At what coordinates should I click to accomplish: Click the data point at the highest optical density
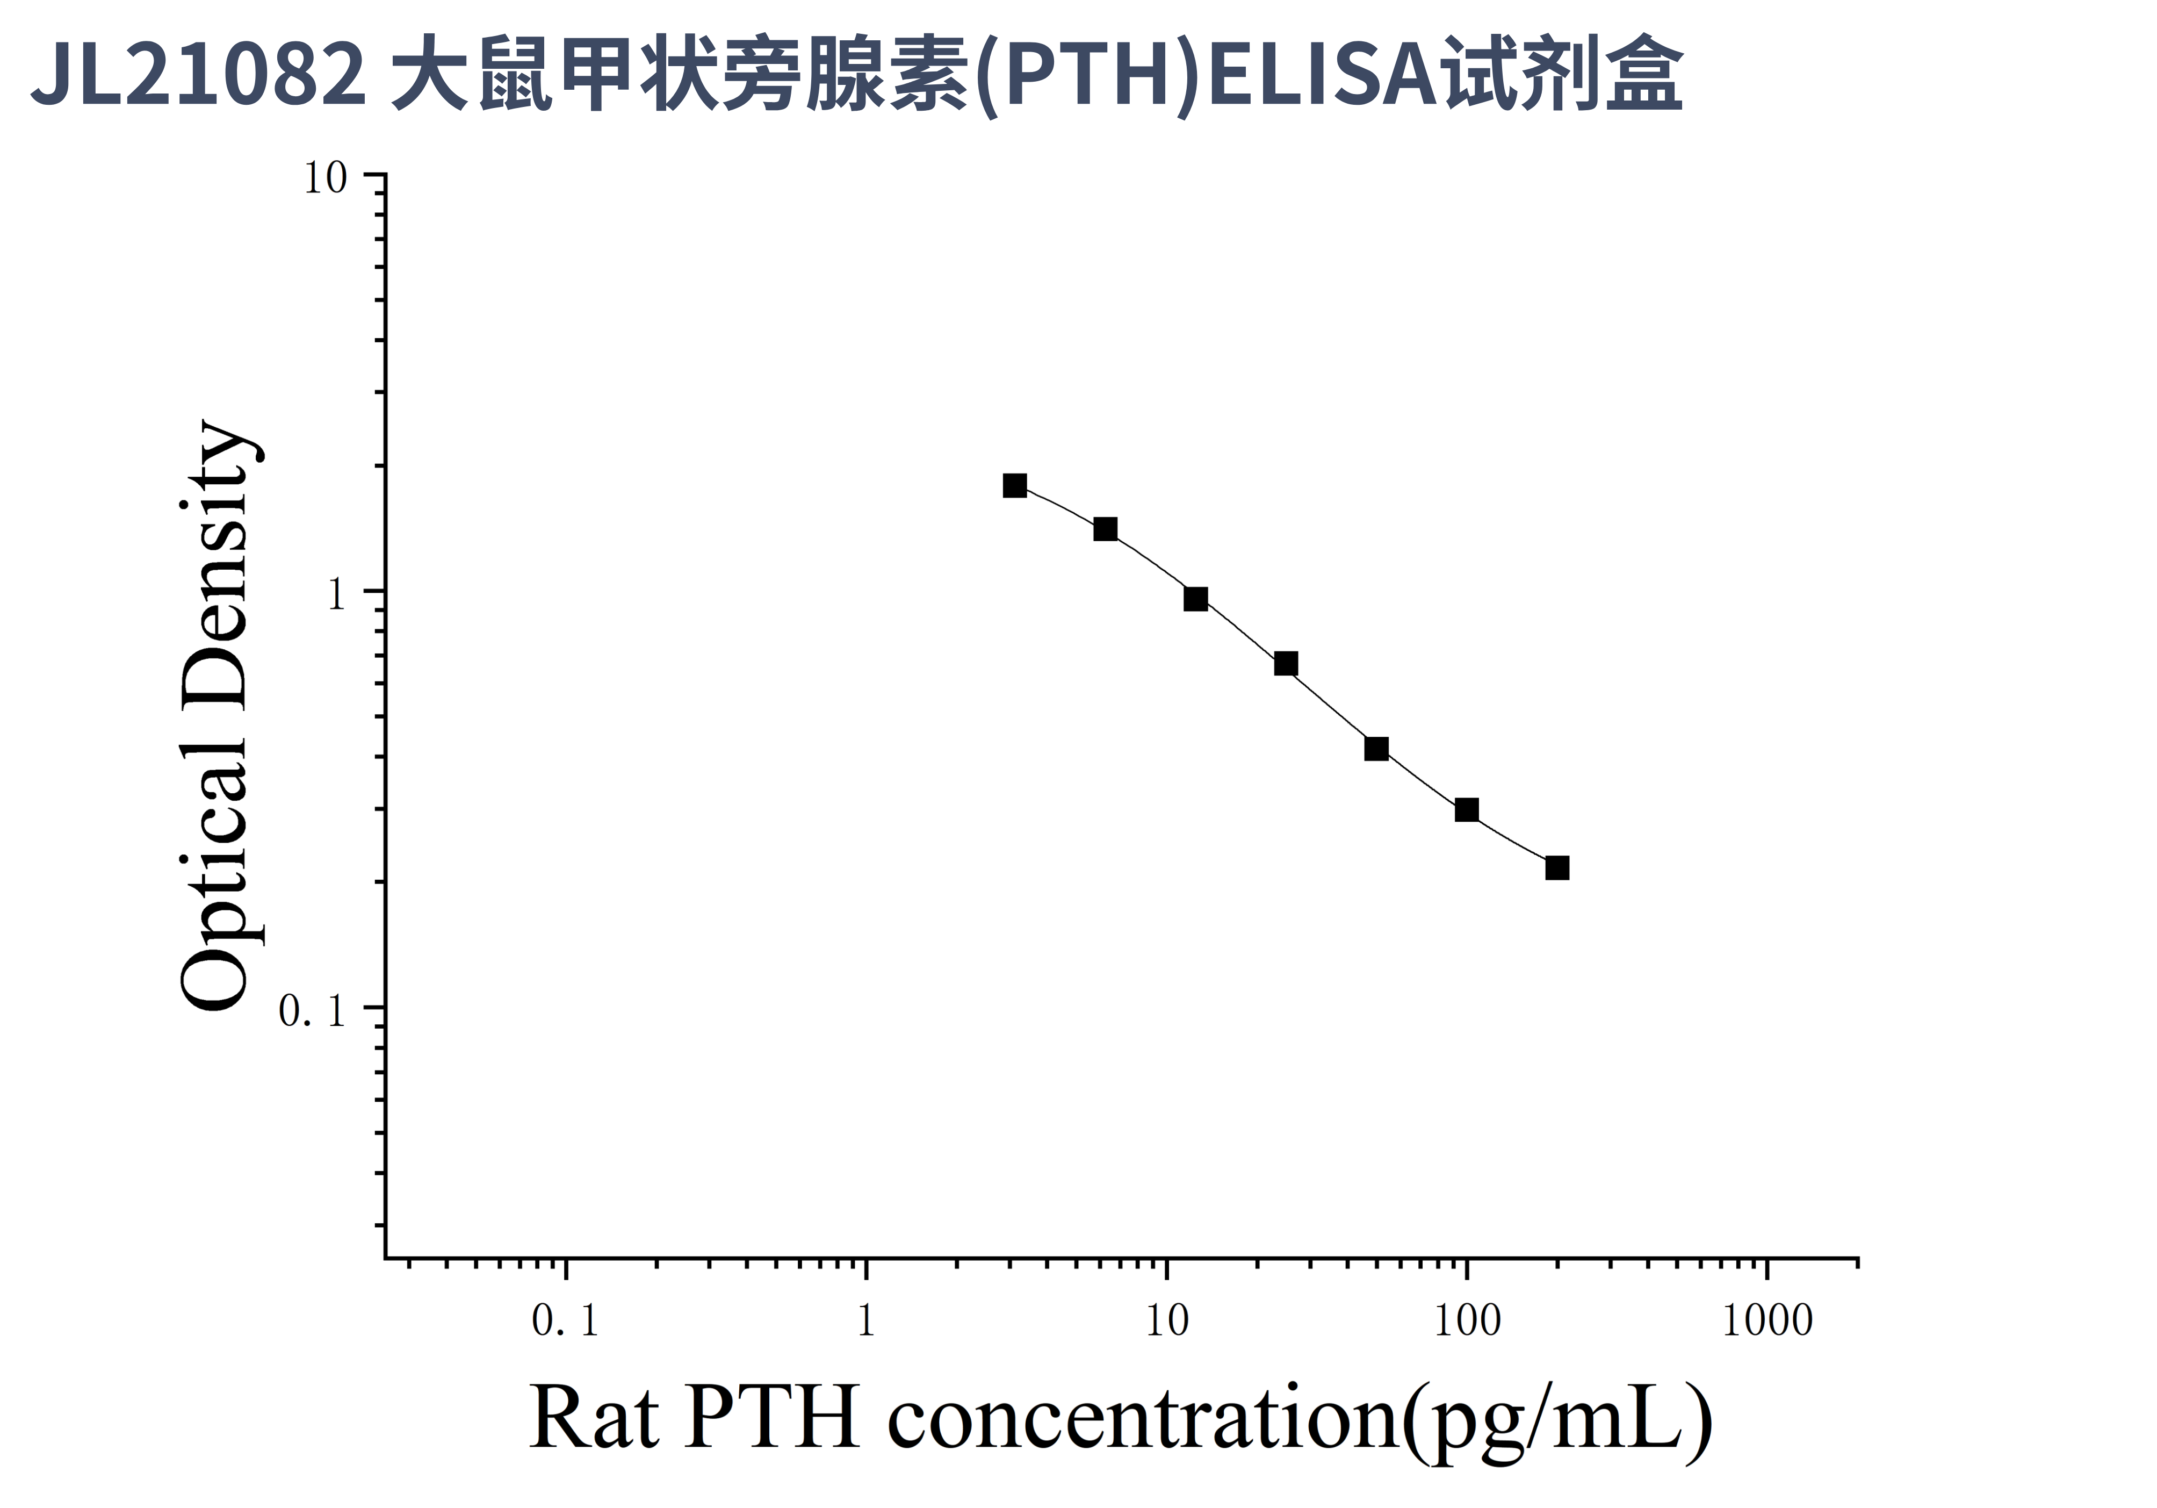pyautogui.click(x=1015, y=486)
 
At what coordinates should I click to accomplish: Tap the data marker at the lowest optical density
pyautogui.click(x=1557, y=868)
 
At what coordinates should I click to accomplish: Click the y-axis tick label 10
pyautogui.click(x=325, y=178)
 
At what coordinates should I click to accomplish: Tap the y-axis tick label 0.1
pyautogui.click(x=312, y=1011)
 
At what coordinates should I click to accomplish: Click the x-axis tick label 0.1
pyautogui.click(x=565, y=1321)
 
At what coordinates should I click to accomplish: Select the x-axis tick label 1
pyautogui.click(x=866, y=1321)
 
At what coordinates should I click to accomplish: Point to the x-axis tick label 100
pyautogui.click(x=1467, y=1321)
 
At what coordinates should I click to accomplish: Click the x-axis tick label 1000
pyautogui.click(x=1767, y=1321)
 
